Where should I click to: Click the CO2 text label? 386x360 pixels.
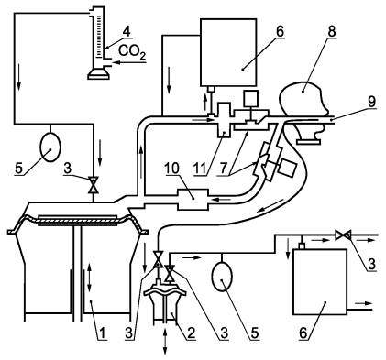pyautogui.click(x=132, y=51)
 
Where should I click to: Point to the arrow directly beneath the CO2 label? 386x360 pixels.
pyautogui.click(x=129, y=63)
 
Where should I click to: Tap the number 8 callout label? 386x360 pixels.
pyautogui.click(x=332, y=31)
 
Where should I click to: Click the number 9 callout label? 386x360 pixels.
pyautogui.click(x=371, y=103)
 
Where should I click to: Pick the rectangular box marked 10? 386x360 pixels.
pyautogui.click(x=193, y=200)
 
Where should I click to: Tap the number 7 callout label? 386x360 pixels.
pyautogui.click(x=226, y=169)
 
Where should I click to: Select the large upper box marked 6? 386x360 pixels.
pyautogui.click(x=228, y=52)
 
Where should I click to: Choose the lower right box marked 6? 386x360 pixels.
pyautogui.click(x=320, y=282)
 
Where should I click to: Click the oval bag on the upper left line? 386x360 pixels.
pyautogui.click(x=50, y=147)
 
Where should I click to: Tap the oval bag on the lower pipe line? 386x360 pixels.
pyautogui.click(x=222, y=277)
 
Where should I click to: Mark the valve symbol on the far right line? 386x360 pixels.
pyautogui.click(x=343, y=235)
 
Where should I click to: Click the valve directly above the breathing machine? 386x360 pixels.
pyautogui.click(x=93, y=184)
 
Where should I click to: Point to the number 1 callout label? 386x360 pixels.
pyautogui.click(x=103, y=333)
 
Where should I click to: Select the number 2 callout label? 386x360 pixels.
pyautogui.click(x=192, y=333)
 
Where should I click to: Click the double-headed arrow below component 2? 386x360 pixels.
pyautogui.click(x=165, y=342)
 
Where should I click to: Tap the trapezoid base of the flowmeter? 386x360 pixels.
pyautogui.click(x=98, y=73)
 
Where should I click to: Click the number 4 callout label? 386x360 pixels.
pyautogui.click(x=127, y=31)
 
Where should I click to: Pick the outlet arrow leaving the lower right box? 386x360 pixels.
pyautogui.click(x=363, y=303)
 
